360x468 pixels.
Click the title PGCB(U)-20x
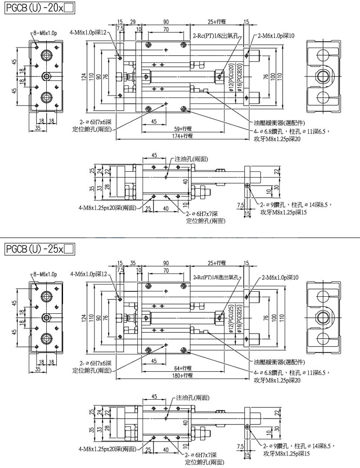[x=33, y=8]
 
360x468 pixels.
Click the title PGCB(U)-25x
[x=33, y=248]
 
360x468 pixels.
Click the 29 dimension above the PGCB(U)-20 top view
[x=133, y=22]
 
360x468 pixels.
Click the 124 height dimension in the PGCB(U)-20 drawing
[x=84, y=77]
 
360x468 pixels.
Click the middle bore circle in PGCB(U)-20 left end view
[x=46, y=76]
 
